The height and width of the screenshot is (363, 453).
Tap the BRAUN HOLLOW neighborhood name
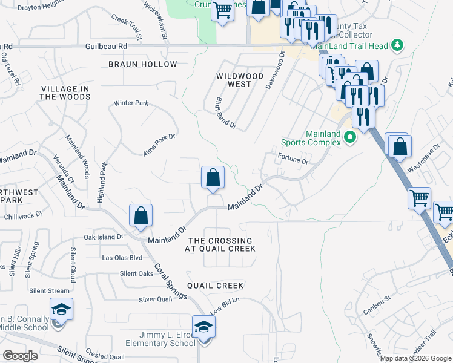tap(143, 64)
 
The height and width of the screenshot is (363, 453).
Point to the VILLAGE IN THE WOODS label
tap(65, 93)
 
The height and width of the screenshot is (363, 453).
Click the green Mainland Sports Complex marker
tap(349, 139)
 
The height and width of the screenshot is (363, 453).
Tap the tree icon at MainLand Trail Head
tap(397, 44)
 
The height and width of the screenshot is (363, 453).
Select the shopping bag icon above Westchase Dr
tap(400, 146)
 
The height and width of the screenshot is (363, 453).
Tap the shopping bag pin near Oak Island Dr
tap(141, 215)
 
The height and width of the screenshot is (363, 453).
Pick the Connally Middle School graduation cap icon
tap(61, 310)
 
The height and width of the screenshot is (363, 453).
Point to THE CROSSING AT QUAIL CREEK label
tap(221, 244)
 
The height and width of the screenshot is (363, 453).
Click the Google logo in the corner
tap(21, 356)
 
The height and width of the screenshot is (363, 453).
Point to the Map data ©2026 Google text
tap(415, 358)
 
